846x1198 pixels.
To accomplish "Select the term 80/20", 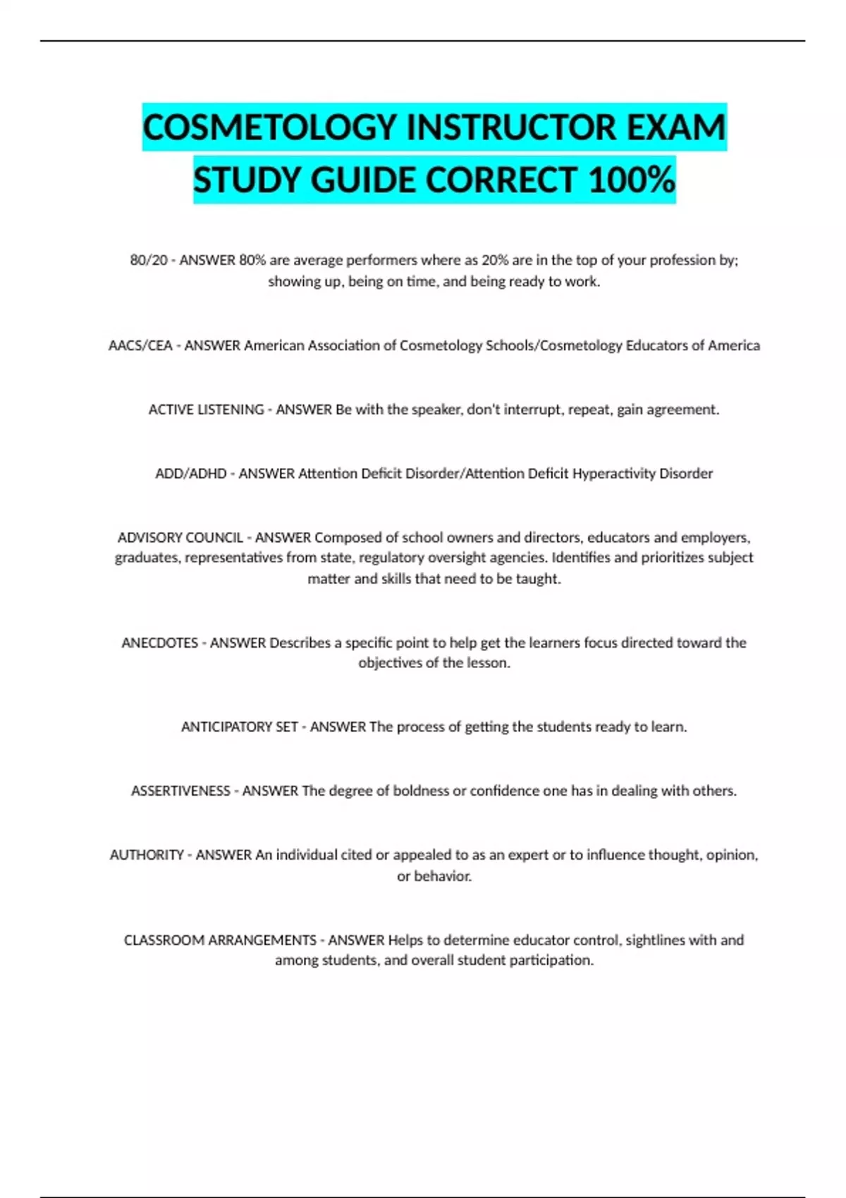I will coord(148,260).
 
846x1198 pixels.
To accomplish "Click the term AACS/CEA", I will coord(140,345).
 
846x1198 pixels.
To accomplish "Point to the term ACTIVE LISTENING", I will coord(206,409).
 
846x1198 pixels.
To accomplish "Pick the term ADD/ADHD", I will coord(190,474).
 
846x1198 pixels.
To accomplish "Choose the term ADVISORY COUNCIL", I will coord(180,538).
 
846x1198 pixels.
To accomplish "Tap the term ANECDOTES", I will coord(159,643).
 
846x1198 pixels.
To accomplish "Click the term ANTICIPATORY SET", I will coord(239,727).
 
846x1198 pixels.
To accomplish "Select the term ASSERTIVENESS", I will coord(180,791).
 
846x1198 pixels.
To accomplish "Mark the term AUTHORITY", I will coord(147,855).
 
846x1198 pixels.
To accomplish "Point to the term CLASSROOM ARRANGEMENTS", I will coord(220,940).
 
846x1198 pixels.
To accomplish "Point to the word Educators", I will coord(656,345).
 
